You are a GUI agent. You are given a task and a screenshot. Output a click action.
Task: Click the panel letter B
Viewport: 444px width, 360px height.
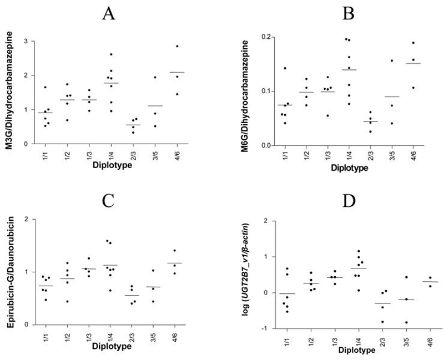pos(334,14)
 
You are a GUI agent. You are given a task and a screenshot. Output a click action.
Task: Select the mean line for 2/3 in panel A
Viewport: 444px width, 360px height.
pos(133,125)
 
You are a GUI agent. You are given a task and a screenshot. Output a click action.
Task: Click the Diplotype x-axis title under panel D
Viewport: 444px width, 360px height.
pos(339,351)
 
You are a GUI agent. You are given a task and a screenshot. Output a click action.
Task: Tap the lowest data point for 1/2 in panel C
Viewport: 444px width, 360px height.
pos(67,301)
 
